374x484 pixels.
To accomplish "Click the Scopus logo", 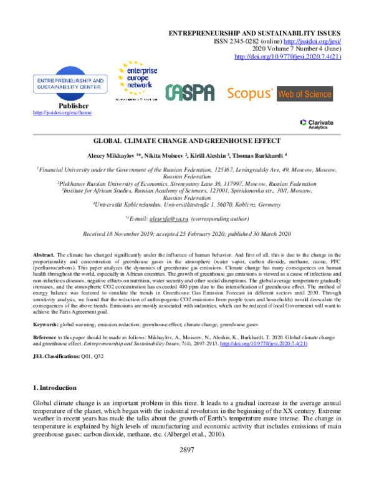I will click(249, 94).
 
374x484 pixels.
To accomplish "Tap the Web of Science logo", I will click(305, 94).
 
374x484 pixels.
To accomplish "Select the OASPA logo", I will click(189, 93).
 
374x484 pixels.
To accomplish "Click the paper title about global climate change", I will click(186, 142).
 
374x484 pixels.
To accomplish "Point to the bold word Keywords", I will click(46, 324).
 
